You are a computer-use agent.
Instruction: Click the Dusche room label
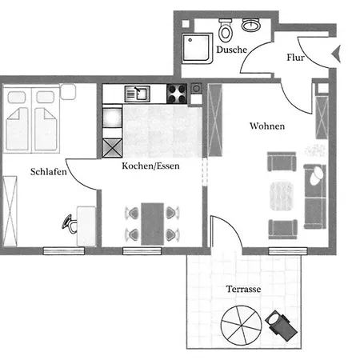click(x=231, y=50)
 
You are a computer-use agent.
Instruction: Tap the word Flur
click(x=295, y=58)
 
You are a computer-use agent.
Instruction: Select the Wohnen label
click(x=267, y=126)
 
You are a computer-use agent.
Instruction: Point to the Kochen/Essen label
click(x=150, y=166)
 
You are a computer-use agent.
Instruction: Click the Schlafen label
click(x=49, y=171)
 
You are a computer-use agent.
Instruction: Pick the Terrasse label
click(x=243, y=289)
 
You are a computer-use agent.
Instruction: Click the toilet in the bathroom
click(x=226, y=30)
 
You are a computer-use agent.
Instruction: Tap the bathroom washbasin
click(x=251, y=25)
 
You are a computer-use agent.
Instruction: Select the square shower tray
click(x=198, y=48)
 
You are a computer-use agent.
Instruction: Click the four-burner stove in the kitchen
click(x=177, y=94)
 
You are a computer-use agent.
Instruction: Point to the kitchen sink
click(x=138, y=94)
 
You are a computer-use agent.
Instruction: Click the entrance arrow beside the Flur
click(x=337, y=54)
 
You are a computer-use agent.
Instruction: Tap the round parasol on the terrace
click(x=242, y=326)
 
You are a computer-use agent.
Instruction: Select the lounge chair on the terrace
click(x=281, y=326)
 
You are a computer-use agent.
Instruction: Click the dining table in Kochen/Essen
click(x=152, y=224)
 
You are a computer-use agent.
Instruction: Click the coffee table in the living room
click(x=282, y=196)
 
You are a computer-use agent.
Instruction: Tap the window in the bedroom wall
click(x=64, y=250)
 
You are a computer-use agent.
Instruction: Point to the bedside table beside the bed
click(x=68, y=92)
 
